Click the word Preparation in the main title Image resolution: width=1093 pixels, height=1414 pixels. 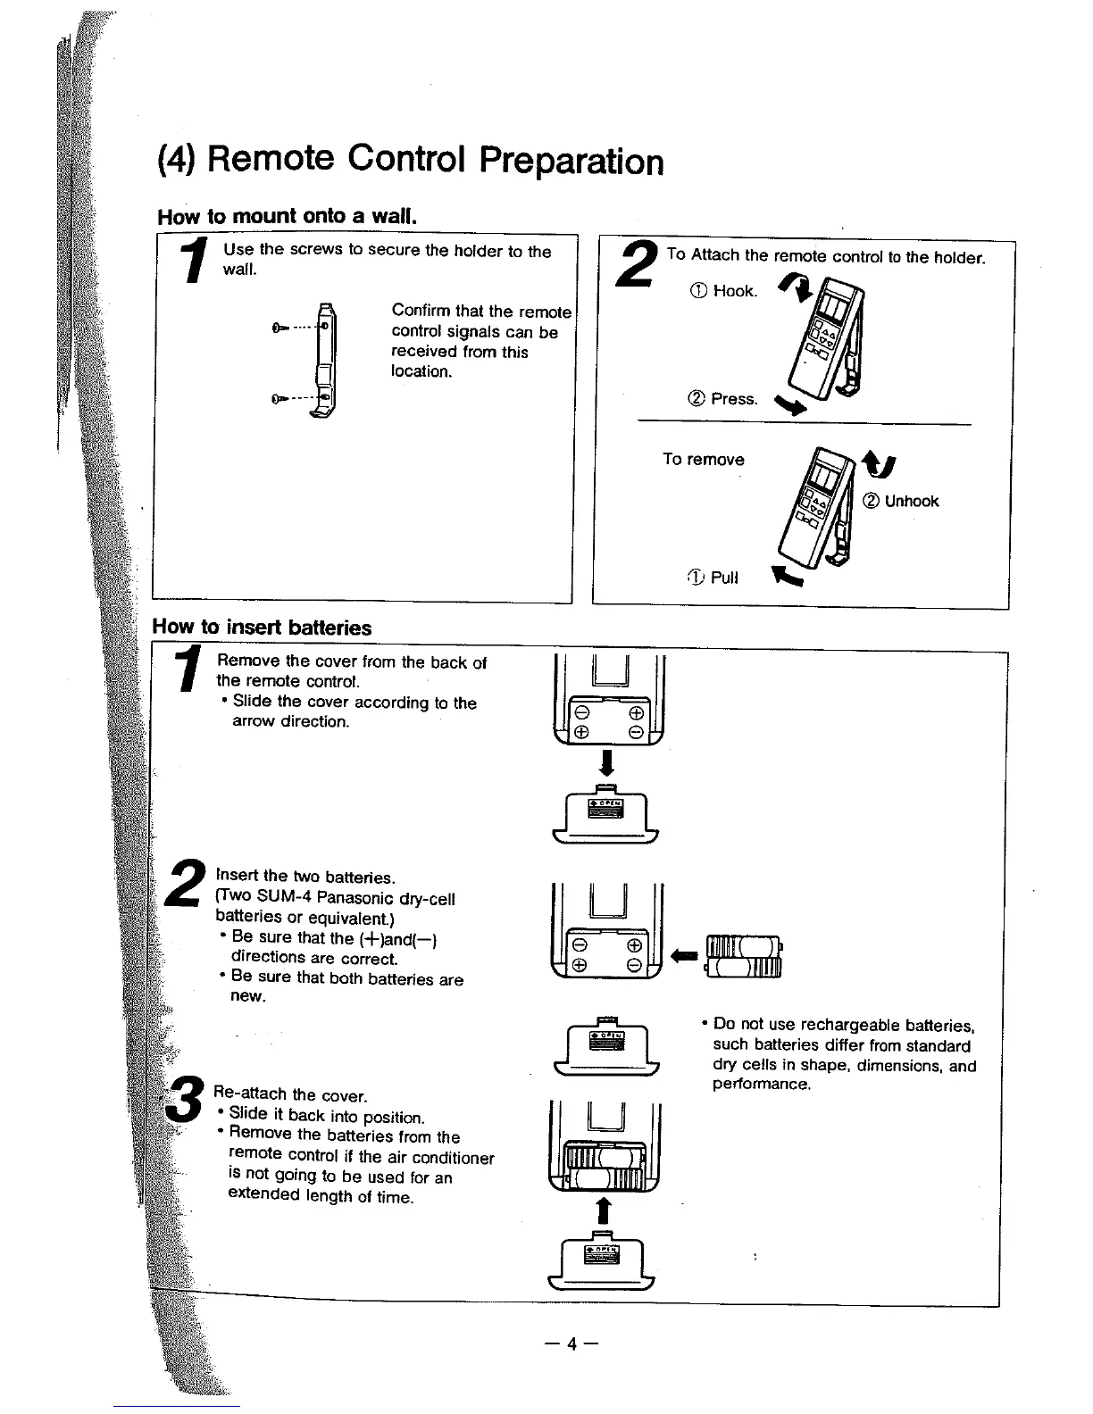[x=571, y=162]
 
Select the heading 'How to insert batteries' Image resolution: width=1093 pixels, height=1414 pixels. [x=262, y=628]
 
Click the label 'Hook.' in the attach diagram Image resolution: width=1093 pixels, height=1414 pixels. [x=736, y=291]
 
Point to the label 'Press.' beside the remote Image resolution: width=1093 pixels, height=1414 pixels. [x=734, y=399]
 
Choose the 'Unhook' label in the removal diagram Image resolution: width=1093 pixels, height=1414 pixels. [x=911, y=501]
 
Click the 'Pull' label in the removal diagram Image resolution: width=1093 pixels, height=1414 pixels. [x=724, y=577]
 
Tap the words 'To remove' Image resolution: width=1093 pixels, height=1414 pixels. [x=703, y=460]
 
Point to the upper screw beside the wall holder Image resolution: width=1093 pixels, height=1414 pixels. [x=279, y=328]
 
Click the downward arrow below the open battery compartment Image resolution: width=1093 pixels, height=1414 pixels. [x=606, y=764]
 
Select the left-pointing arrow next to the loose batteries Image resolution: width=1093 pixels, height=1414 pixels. [x=686, y=955]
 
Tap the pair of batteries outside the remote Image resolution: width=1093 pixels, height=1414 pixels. [x=744, y=956]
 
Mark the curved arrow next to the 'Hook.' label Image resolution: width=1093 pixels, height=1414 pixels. [x=795, y=287]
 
